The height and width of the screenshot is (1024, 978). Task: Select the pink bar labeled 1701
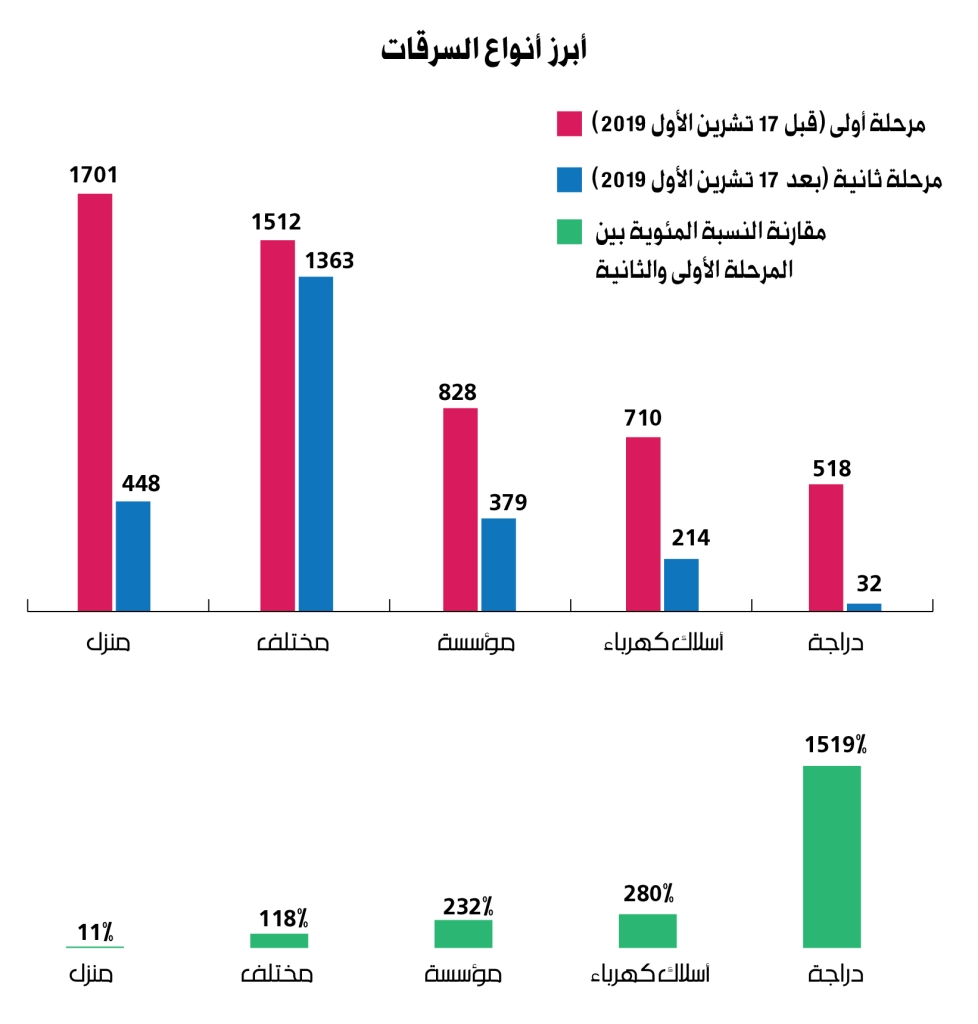click(x=95, y=400)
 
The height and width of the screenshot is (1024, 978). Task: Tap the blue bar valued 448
click(x=133, y=555)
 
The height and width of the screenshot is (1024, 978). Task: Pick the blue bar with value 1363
click(x=316, y=443)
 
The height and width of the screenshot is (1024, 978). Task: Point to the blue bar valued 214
click(x=681, y=584)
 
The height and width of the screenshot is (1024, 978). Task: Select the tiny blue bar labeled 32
click(x=864, y=606)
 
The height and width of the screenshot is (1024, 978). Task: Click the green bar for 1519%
click(x=831, y=856)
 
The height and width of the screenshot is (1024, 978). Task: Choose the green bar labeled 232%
click(x=463, y=933)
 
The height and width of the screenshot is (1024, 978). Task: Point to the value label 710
click(x=642, y=419)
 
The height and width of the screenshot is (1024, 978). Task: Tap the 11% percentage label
click(x=95, y=933)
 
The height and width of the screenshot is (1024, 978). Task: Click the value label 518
click(x=826, y=466)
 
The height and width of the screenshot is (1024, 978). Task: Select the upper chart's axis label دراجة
click(x=835, y=643)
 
